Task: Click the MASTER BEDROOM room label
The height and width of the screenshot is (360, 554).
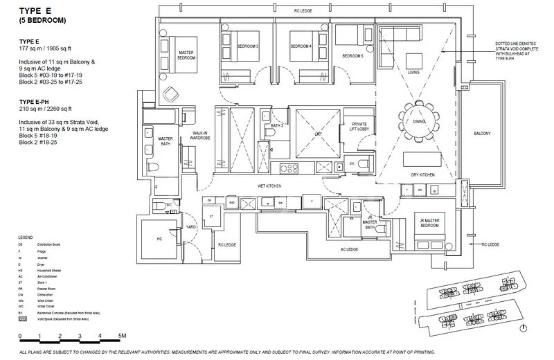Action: [185, 55]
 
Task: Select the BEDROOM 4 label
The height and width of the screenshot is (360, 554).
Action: [301, 46]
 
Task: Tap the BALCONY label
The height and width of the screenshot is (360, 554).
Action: [482, 134]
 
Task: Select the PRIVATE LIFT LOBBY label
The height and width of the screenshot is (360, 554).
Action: [354, 125]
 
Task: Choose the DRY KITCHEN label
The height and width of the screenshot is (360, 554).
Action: [422, 175]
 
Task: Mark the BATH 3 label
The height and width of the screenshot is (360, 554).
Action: [276, 125]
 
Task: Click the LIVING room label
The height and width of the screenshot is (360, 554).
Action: [413, 72]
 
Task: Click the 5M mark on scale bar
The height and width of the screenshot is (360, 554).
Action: [122, 335]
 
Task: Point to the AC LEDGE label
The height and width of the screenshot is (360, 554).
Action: [349, 249]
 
